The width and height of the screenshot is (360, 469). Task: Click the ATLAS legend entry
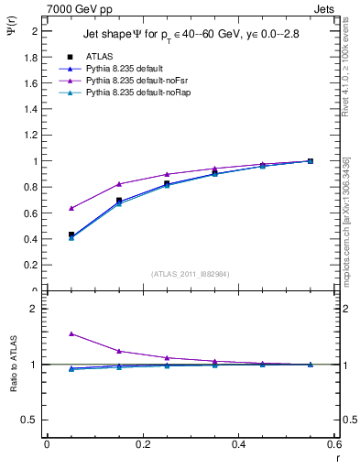click(99, 56)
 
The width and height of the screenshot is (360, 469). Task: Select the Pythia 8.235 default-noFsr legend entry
click(130, 81)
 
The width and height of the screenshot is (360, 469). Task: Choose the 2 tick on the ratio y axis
click(34, 309)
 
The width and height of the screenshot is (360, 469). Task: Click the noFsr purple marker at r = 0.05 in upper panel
click(71, 208)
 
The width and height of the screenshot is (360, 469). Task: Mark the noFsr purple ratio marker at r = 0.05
click(71, 334)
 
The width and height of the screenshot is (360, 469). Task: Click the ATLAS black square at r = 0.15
click(119, 201)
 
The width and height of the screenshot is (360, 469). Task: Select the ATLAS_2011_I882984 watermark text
click(190, 273)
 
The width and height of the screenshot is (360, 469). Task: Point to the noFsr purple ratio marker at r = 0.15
click(119, 351)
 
